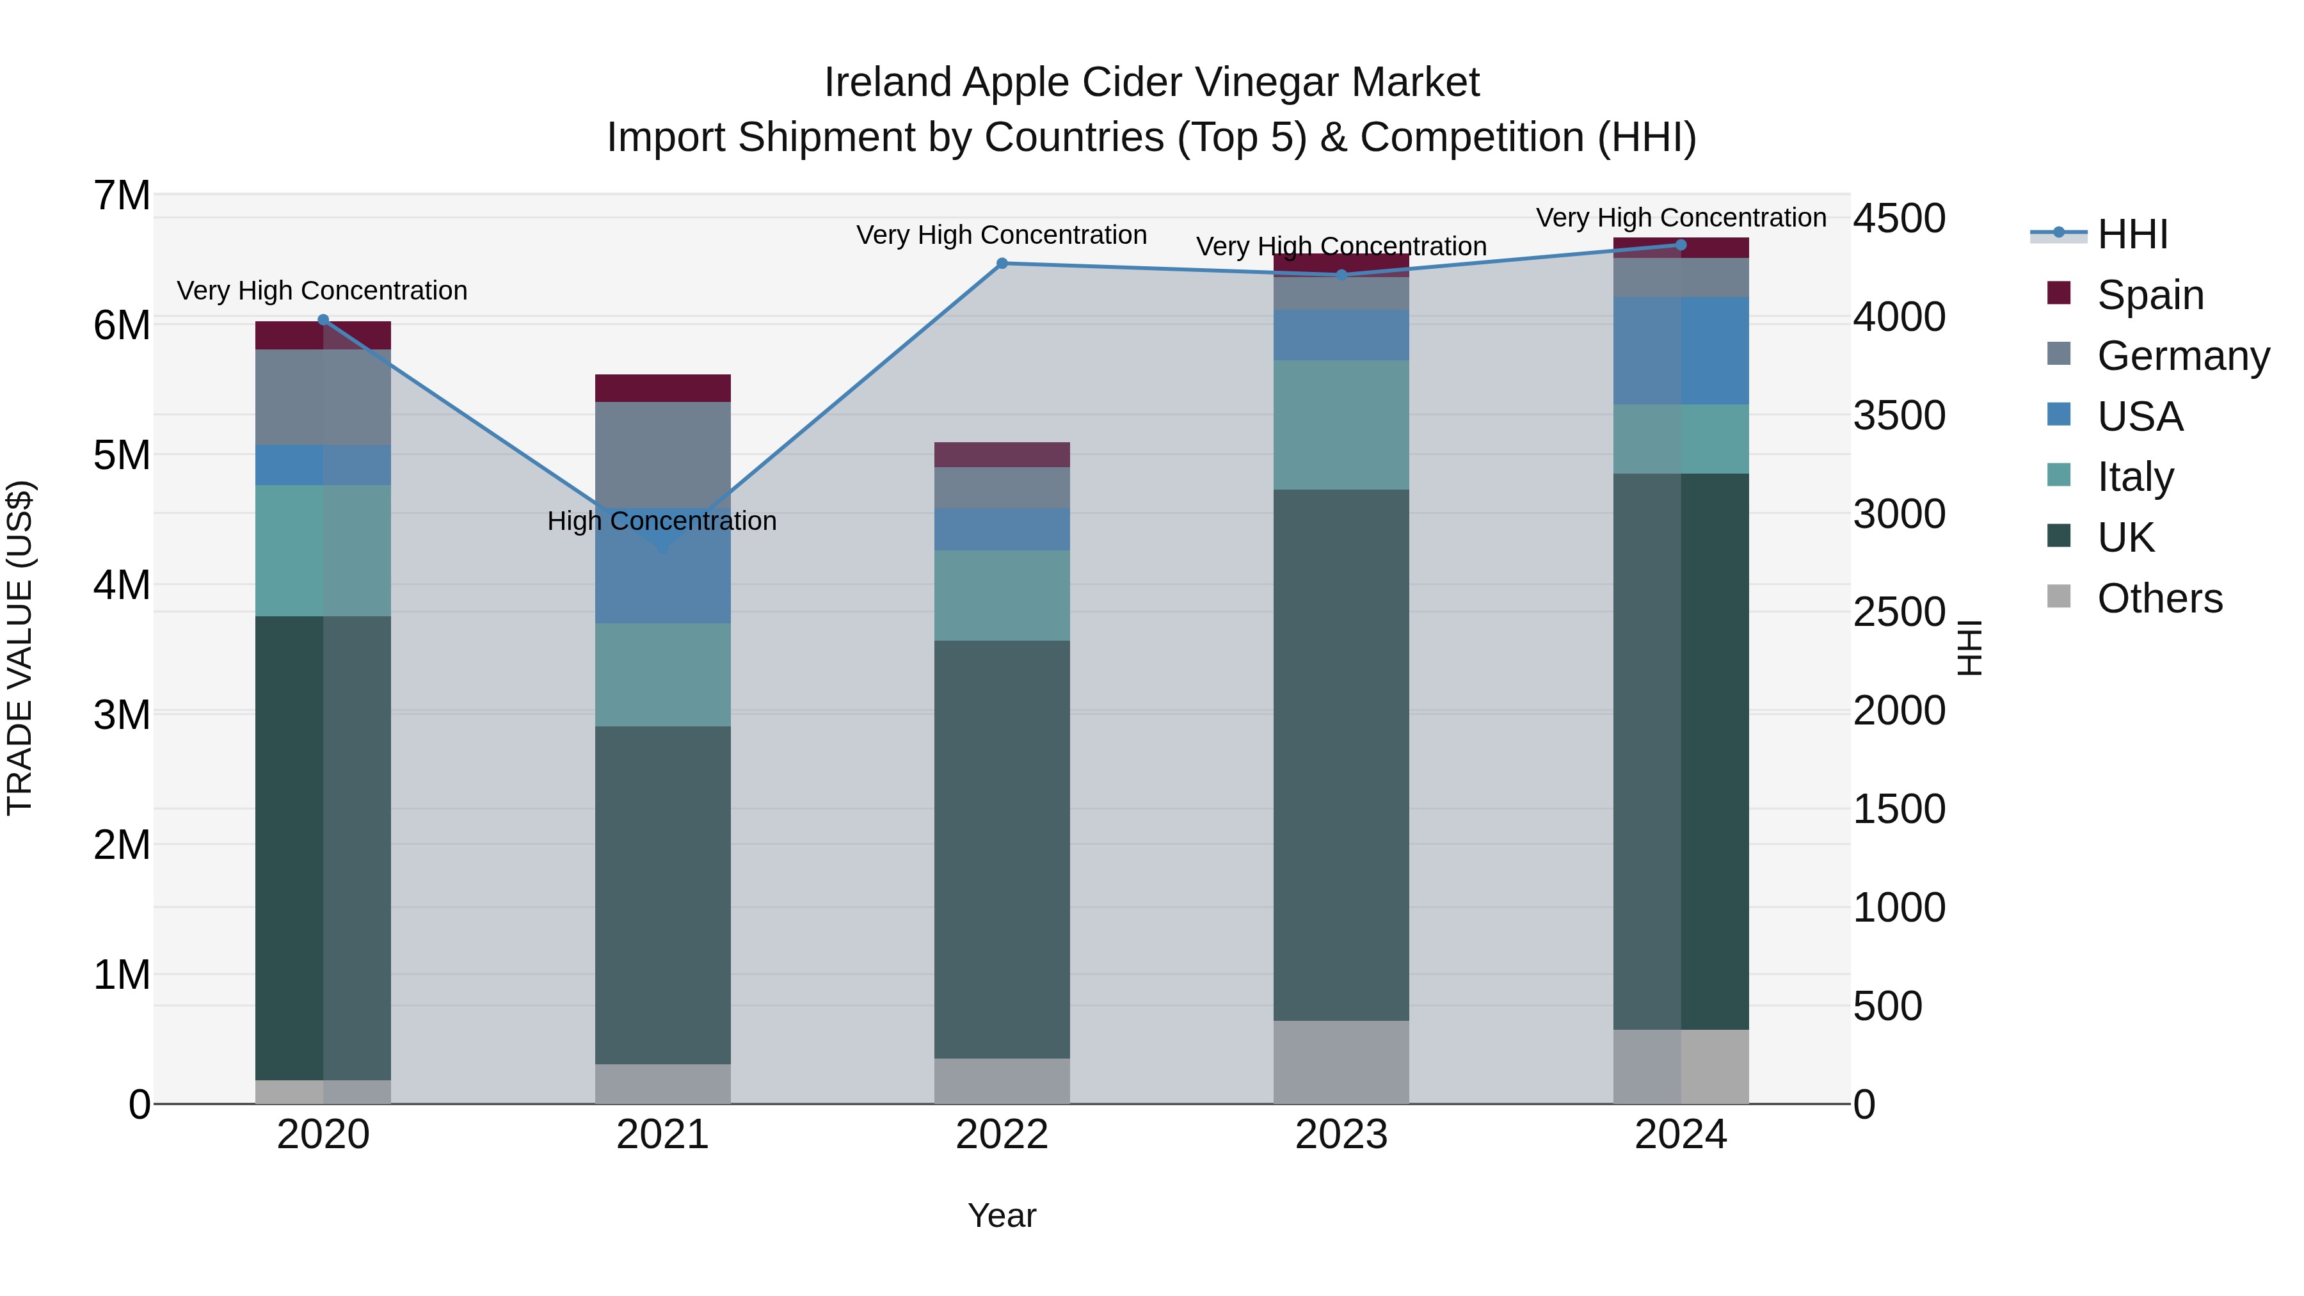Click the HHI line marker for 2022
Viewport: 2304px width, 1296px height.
(x=1002, y=263)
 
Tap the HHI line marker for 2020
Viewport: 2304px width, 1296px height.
(x=323, y=319)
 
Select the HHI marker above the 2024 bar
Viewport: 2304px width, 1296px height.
(x=1680, y=244)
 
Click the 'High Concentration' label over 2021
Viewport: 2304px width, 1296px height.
(x=662, y=520)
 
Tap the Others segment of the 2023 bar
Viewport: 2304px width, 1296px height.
(x=1341, y=1062)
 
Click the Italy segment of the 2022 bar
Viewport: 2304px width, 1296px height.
(x=1002, y=595)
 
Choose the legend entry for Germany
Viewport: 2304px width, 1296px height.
(x=2182, y=356)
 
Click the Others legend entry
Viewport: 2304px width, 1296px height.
(x=2159, y=598)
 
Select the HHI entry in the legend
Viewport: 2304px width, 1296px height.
(x=2132, y=234)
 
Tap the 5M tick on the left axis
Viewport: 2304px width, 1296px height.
(x=122, y=455)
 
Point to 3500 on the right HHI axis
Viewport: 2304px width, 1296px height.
(x=1899, y=416)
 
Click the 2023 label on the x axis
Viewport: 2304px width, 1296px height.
(x=1341, y=1135)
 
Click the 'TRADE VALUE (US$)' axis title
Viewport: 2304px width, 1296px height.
(x=20, y=648)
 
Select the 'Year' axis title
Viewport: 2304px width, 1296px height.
(x=1002, y=1215)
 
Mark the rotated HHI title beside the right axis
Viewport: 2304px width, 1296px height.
(x=1969, y=648)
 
